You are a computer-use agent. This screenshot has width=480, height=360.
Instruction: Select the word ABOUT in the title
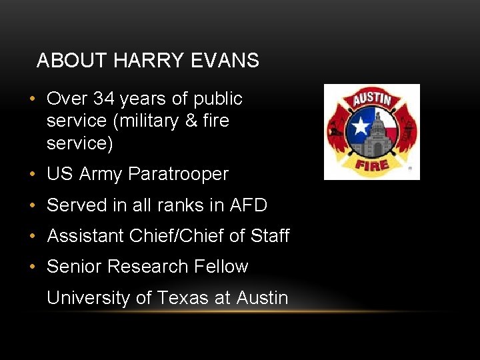tap(72, 61)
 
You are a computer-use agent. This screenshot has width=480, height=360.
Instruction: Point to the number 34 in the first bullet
tap(105, 99)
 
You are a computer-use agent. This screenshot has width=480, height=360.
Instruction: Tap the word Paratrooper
tap(178, 174)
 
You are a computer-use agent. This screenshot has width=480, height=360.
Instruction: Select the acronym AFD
tap(248, 205)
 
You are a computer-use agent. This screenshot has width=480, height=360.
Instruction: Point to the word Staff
tap(270, 236)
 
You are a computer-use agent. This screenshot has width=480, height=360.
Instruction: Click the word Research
tap(147, 267)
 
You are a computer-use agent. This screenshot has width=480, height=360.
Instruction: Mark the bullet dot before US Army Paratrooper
tap(32, 175)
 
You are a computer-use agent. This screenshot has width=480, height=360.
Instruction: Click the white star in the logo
tap(361, 126)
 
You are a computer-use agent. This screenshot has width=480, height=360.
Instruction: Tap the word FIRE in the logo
tap(371, 164)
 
